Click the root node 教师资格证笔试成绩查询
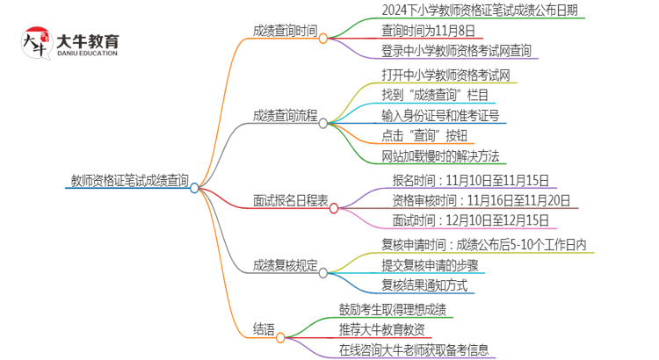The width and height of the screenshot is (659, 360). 129,181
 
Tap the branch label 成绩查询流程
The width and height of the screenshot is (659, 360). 284,115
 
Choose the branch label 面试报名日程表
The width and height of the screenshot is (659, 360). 290,201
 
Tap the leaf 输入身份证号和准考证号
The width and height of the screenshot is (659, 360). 440,115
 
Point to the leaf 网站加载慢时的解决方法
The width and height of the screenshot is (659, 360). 440,156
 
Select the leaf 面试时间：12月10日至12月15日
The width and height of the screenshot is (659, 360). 470,220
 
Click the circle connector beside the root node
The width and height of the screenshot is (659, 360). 194,187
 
